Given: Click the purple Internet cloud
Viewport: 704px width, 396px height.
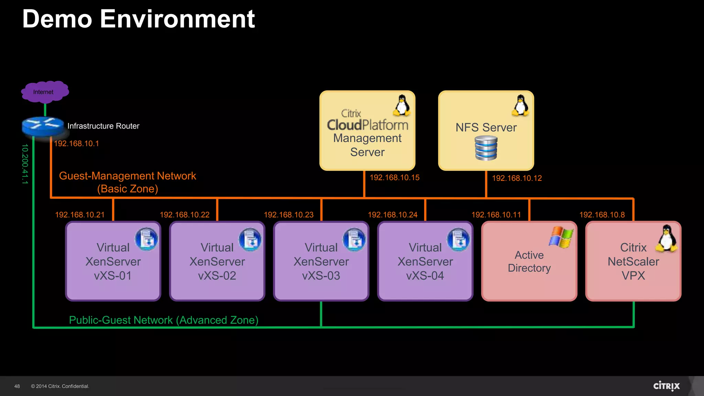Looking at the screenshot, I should click(45, 92).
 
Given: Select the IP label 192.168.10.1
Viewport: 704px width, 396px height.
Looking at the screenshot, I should click(76, 144).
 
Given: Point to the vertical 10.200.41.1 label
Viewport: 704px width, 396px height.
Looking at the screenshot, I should click(25, 164).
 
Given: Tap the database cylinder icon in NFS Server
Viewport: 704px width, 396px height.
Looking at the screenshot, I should click(486, 148).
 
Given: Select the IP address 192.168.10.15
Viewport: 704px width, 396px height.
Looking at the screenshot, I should click(394, 178).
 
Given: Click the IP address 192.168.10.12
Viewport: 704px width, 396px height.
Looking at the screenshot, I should click(517, 178).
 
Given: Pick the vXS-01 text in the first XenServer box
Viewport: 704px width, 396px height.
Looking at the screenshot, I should click(113, 276).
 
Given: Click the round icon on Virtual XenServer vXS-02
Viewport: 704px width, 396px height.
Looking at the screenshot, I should click(250, 239).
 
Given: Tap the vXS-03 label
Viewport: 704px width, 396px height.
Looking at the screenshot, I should click(321, 276).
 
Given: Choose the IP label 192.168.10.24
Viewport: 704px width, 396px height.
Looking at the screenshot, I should click(393, 215).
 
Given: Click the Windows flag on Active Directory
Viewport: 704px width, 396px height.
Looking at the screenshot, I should click(561, 237).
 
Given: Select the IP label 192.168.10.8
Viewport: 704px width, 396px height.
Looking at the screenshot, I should click(602, 215).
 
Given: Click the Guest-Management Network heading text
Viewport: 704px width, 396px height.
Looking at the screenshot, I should click(128, 176).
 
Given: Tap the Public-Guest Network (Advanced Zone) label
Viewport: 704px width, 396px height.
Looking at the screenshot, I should click(164, 320).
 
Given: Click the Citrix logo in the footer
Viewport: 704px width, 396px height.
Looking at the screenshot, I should click(666, 386).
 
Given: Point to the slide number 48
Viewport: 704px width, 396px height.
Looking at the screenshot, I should click(17, 386).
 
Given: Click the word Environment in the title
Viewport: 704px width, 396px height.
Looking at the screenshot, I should click(177, 19).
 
